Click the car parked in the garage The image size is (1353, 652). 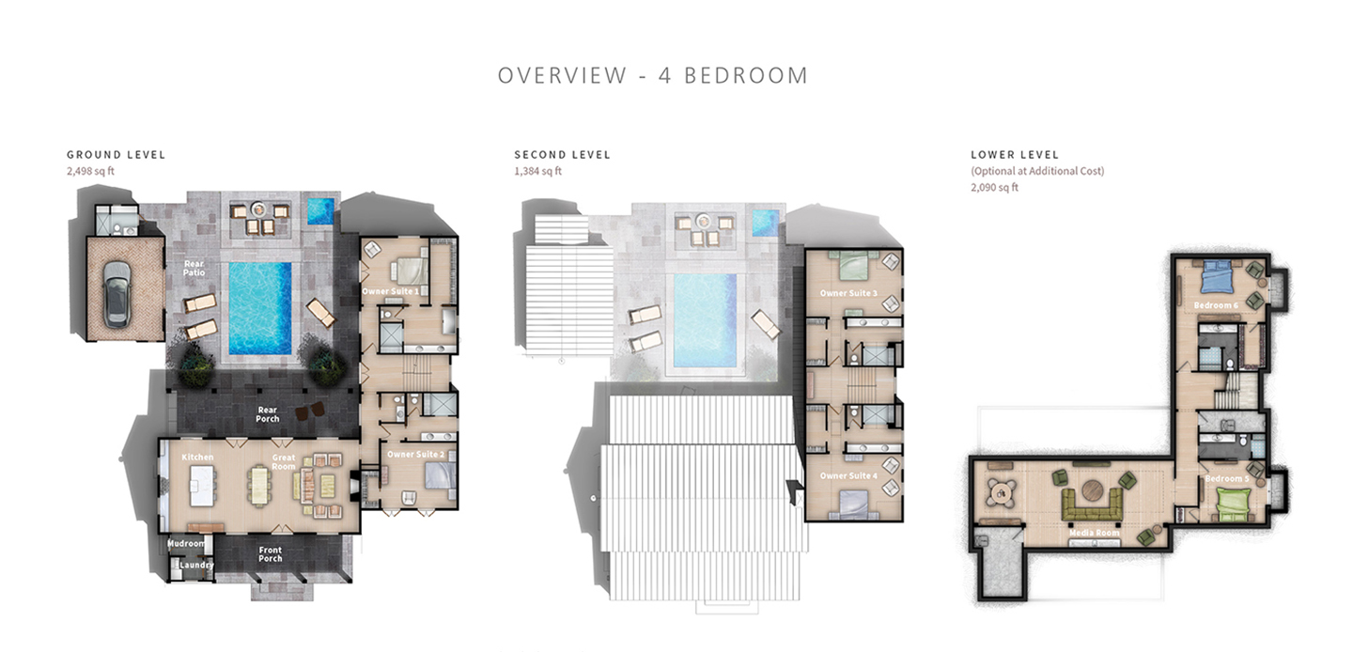[117, 293]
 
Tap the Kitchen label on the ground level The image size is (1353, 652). [198, 457]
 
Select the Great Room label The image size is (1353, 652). [284, 460]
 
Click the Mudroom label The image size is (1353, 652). [186, 543]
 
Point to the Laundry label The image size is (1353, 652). [196, 565]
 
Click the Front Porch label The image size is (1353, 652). [270, 555]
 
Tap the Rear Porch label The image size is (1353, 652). [268, 413]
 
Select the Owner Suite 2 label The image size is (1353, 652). [415, 455]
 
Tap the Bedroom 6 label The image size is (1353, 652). [1216, 305]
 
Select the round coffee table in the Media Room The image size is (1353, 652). [1094, 490]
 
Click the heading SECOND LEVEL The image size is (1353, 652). [562, 154]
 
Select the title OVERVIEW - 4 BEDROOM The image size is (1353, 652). [653, 75]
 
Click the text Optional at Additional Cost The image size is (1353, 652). [1036, 171]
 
